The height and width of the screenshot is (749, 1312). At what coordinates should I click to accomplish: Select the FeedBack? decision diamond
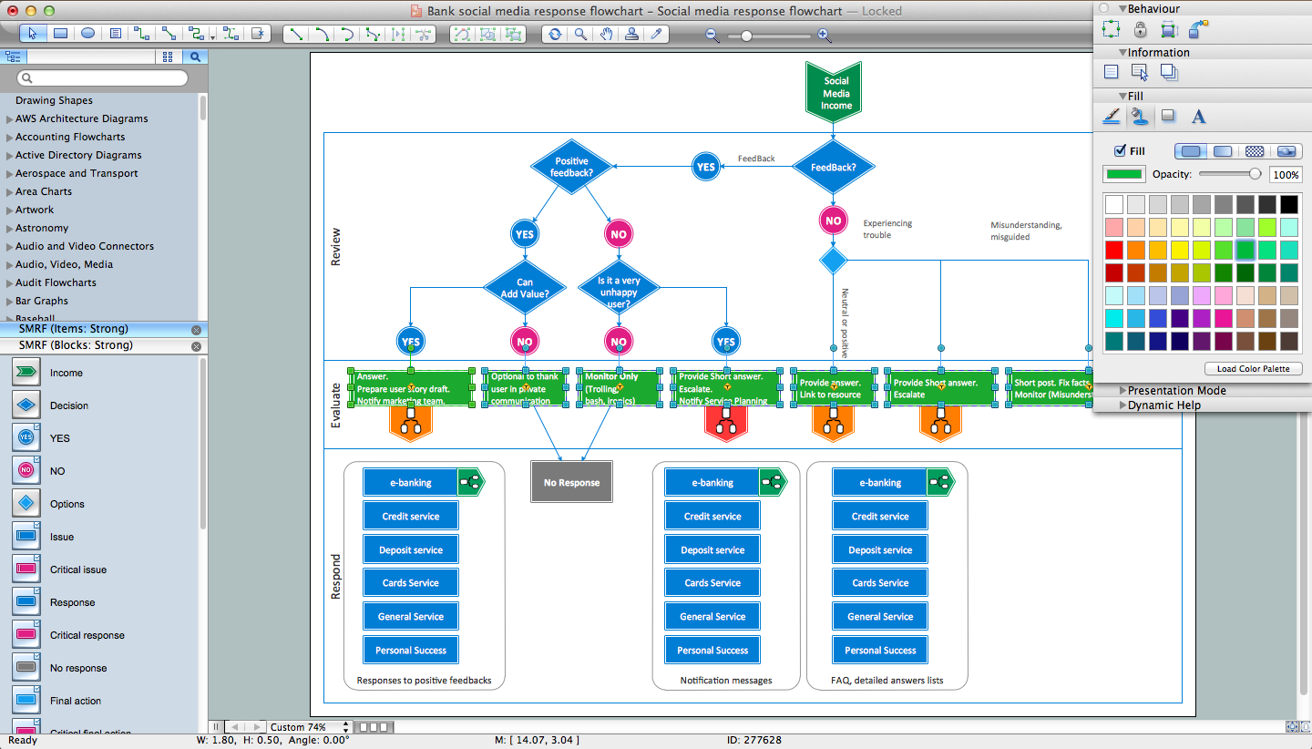tap(833, 168)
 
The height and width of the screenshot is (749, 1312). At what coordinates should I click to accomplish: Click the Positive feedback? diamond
tap(571, 167)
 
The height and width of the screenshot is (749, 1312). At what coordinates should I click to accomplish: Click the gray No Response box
tap(571, 482)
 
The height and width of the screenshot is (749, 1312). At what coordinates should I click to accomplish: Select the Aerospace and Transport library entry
tap(77, 173)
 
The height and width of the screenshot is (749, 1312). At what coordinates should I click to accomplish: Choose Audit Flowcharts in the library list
tap(56, 282)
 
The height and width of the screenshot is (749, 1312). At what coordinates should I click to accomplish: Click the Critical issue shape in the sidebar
tap(77, 569)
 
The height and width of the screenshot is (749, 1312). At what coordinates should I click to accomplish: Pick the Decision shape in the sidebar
tap(68, 405)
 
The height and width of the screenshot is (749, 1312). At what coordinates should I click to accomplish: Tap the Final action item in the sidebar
tap(76, 701)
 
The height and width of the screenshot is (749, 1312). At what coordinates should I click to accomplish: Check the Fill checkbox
tap(1121, 151)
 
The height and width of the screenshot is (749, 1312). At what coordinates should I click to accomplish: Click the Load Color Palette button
tap(1253, 369)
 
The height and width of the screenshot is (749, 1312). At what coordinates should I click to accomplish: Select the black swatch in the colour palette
tap(1288, 204)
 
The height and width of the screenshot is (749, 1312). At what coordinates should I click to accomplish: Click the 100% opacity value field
tap(1286, 174)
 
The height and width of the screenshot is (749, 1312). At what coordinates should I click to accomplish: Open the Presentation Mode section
tap(1176, 391)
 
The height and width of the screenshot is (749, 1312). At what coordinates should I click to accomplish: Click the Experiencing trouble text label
tap(887, 229)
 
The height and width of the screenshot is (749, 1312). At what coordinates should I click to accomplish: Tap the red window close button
tap(12, 11)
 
